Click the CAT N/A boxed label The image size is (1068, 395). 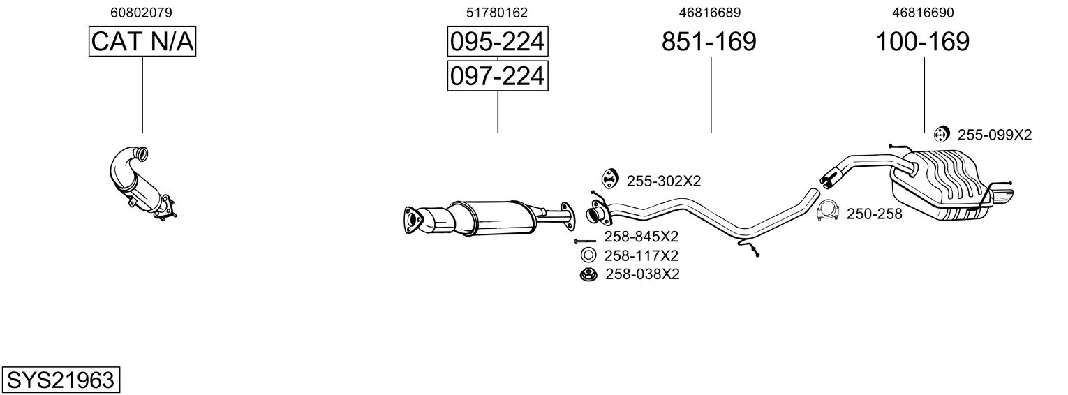click(142, 41)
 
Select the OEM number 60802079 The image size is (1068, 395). click(141, 13)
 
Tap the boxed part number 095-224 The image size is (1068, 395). click(497, 41)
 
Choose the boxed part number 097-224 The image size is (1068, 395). click(497, 76)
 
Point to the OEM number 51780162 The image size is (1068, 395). click(497, 13)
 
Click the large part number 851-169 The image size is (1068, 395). click(709, 41)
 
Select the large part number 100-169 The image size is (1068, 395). click(923, 41)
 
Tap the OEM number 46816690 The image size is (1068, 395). click(923, 13)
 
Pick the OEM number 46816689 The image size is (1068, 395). click(710, 13)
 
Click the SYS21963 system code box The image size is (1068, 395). click(61, 380)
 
